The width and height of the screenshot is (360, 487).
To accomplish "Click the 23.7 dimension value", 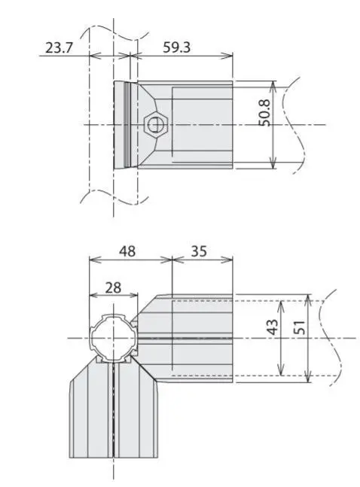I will pos(60,47).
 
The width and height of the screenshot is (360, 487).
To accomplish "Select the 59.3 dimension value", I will pos(177,47).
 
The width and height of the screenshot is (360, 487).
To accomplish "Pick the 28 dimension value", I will pos(112,286).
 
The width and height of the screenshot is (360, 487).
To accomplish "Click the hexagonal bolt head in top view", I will pos(157,123).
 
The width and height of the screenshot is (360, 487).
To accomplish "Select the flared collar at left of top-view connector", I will pos(125,124).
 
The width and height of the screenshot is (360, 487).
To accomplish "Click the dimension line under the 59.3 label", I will pos(181,55).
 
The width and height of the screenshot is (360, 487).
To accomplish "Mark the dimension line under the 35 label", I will pos(202,260).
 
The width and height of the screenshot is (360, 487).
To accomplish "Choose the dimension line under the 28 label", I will pos(113,294).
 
